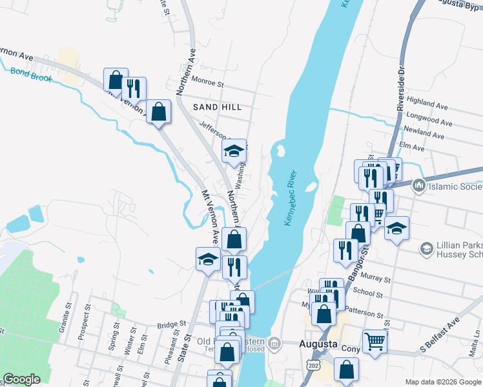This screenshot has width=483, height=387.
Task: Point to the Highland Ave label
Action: (427, 104)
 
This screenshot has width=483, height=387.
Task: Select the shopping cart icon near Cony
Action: (375, 341)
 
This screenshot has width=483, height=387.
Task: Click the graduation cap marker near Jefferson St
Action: (234, 151)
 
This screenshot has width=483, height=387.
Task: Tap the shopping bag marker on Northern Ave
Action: (234, 239)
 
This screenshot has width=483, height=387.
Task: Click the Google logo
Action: (23, 379)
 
